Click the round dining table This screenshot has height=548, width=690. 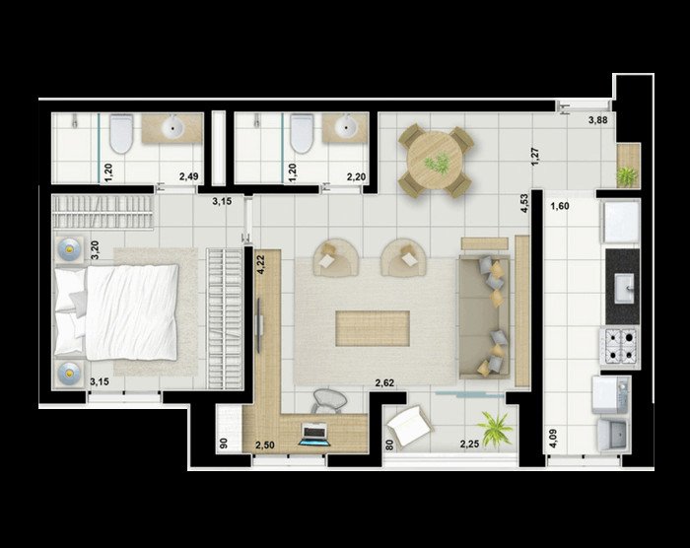[x=435, y=161]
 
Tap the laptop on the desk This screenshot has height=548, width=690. [x=313, y=435]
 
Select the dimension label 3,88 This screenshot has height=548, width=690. [x=598, y=119]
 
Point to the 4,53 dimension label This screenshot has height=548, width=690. [x=524, y=203]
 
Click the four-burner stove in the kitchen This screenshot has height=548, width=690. [x=620, y=346]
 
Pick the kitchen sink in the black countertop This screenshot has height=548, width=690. [x=624, y=288]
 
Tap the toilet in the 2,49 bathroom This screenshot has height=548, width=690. [x=120, y=133]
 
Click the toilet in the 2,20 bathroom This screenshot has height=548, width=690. [x=302, y=133]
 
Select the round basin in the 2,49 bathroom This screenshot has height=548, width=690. [x=172, y=127]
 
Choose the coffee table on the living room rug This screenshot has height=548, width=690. [x=373, y=328]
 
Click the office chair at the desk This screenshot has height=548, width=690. [x=328, y=401]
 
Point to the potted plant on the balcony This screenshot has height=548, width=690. [x=495, y=429]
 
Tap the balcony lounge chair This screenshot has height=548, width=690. [x=408, y=425]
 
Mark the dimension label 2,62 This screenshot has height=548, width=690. [x=384, y=383]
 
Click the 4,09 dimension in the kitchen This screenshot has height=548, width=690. [x=552, y=439]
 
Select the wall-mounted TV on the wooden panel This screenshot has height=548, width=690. [x=259, y=325]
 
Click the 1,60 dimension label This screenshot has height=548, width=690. [x=560, y=206]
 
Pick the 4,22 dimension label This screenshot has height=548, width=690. [x=261, y=265]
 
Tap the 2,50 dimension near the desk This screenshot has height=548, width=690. [x=265, y=445]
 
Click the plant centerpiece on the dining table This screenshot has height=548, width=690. [x=437, y=163]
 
